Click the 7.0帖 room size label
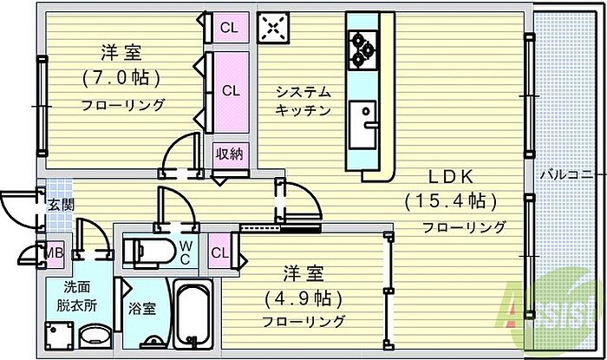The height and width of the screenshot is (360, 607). [x=122, y=78]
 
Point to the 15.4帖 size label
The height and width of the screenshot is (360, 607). [x=450, y=202]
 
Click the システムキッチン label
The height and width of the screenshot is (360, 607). [x=303, y=101]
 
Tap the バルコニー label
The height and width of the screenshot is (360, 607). [x=566, y=173]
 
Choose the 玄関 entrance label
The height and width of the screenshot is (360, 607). [x=60, y=205]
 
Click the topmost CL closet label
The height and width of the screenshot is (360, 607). [x=229, y=27]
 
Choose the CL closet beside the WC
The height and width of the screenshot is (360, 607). [x=220, y=253]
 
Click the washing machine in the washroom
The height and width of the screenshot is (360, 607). [x=59, y=335]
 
